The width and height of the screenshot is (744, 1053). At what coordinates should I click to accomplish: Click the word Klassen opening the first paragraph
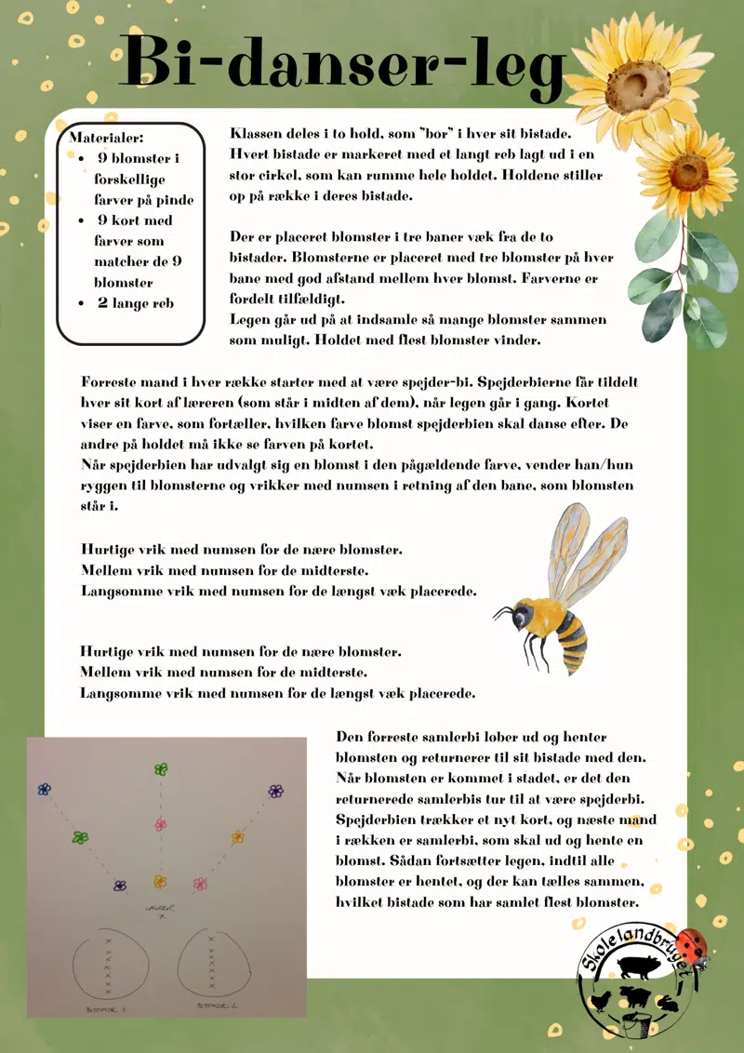(257, 133)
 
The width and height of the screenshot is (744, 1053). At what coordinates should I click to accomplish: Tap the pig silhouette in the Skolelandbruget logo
(637, 967)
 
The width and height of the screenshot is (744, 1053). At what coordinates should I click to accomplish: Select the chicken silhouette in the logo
(604, 1001)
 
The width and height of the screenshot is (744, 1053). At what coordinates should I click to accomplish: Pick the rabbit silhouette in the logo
(669, 1002)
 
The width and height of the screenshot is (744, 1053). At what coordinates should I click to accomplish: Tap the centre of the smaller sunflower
(688, 172)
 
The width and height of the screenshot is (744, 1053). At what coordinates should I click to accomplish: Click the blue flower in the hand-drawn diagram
(44, 790)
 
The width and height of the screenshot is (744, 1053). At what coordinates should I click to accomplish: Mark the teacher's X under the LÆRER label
(161, 916)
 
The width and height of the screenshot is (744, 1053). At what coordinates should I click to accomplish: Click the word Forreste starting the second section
(110, 382)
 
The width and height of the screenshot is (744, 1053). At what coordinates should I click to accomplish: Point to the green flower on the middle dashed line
(161, 769)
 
